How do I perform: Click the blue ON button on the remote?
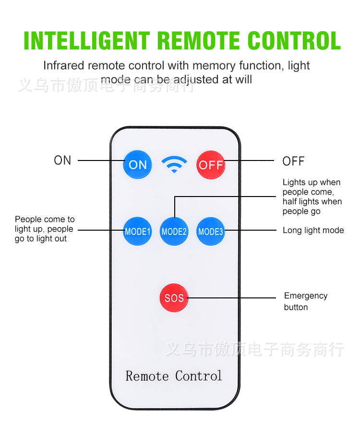pos(138,164)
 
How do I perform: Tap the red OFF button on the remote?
pos(211,164)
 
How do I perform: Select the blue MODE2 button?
pos(174,231)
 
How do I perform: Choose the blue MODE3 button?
pos(211,231)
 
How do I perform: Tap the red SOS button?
pos(174,298)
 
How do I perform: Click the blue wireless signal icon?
pos(174,164)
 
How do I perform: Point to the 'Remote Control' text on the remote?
pos(174,375)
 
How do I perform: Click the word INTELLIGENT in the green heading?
pos(87,41)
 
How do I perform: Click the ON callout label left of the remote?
pos(62,160)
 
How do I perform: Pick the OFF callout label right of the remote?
pos(293,161)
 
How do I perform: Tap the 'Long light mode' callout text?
pos(313,230)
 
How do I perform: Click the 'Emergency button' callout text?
pos(305,301)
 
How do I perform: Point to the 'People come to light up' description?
pos(44,229)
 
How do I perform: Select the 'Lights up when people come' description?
pos(312,197)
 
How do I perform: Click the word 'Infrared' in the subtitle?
pos(63,65)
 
